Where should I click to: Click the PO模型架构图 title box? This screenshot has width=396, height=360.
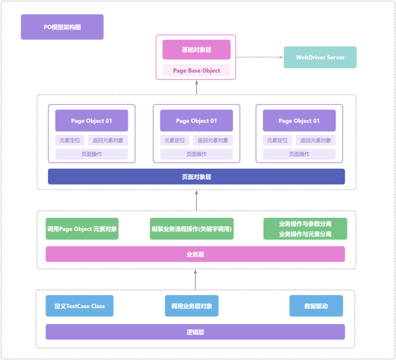coord(62,27)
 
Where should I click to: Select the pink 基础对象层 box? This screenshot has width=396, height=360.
coord(196,50)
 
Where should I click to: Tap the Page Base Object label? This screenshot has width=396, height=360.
coord(196,70)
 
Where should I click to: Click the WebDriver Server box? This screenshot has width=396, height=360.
coord(320,57)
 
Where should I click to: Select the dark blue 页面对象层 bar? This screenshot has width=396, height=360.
coord(196,177)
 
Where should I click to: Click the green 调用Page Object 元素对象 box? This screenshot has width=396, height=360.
coord(82,229)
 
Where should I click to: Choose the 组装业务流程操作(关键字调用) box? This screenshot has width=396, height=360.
coord(192,229)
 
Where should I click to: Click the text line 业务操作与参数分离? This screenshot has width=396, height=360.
coord(305,224)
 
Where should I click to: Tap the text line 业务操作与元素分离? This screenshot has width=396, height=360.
coord(305,234)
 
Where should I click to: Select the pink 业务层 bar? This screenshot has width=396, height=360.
coord(195,254)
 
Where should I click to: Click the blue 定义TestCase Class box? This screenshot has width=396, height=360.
coord(80,306)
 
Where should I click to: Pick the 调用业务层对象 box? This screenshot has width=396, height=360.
coord(192,306)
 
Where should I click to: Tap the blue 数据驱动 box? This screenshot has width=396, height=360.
coord(316,306)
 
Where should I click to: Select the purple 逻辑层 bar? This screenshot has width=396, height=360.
coord(195,332)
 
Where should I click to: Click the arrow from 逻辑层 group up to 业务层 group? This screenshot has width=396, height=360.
coord(196,279)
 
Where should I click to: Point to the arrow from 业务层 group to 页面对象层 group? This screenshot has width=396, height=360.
coord(196,201)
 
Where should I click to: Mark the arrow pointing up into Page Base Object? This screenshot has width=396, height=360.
coord(196,88)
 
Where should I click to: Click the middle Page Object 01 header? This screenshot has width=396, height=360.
coord(196,121)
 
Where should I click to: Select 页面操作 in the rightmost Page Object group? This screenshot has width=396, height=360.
coord(299,154)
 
